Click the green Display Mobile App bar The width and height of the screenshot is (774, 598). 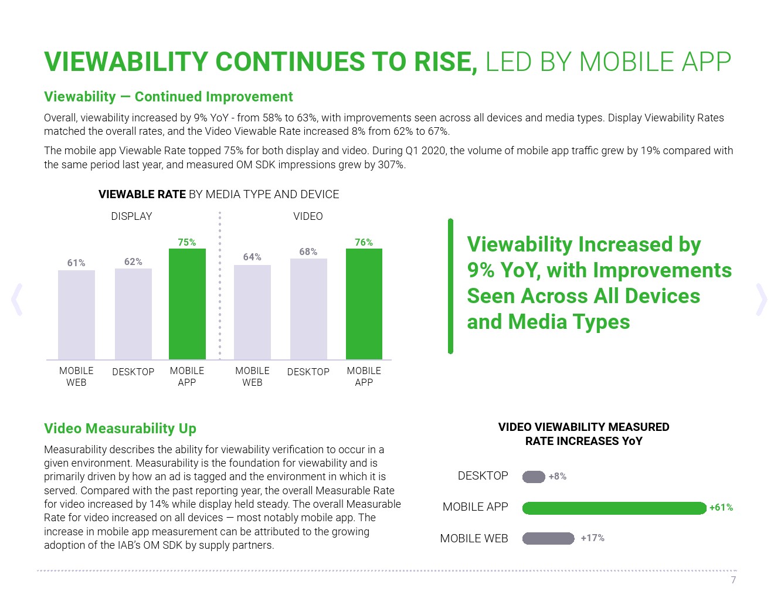(187, 304)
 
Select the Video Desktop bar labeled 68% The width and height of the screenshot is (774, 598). (308, 309)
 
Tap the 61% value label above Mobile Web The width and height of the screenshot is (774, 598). (76, 263)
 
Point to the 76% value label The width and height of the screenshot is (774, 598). (364, 242)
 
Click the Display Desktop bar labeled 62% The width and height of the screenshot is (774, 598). (133, 314)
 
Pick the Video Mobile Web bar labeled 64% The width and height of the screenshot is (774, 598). (252, 312)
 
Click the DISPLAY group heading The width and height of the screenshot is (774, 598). (131, 216)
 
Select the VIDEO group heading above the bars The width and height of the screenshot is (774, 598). (308, 216)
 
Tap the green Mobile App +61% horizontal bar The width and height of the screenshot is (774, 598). (614, 508)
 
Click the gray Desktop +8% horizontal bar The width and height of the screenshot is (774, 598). (534, 477)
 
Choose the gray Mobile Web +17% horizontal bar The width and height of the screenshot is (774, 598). (548, 538)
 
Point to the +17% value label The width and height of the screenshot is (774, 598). (592, 538)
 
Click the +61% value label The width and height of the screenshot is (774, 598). (721, 508)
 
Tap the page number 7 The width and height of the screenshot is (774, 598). (733, 580)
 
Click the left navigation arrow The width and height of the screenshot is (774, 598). (17, 300)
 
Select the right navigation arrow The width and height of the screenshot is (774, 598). (761, 300)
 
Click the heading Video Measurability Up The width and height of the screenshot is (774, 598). (120, 429)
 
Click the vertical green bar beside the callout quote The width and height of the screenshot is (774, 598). (450, 286)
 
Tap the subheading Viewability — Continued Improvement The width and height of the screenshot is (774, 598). (168, 97)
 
